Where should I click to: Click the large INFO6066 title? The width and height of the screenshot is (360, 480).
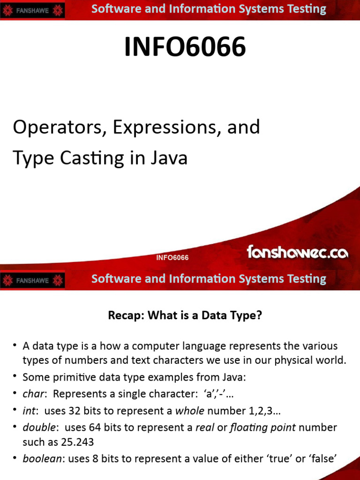[185, 48]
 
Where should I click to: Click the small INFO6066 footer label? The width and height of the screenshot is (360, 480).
[172, 257]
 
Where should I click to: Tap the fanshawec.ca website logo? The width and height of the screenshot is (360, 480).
[298, 253]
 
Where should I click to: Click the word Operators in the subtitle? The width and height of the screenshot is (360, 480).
[44, 127]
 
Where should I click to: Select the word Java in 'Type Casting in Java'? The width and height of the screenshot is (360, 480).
[169, 158]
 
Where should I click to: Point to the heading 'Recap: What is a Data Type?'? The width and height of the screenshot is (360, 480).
[185, 316]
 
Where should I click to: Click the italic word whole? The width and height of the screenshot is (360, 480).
[190, 411]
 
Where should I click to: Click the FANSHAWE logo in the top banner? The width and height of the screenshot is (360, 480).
[32, 10]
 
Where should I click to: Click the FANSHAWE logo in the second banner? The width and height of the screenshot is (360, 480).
[32, 280]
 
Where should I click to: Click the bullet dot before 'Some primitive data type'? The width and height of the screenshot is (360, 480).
[15, 377]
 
